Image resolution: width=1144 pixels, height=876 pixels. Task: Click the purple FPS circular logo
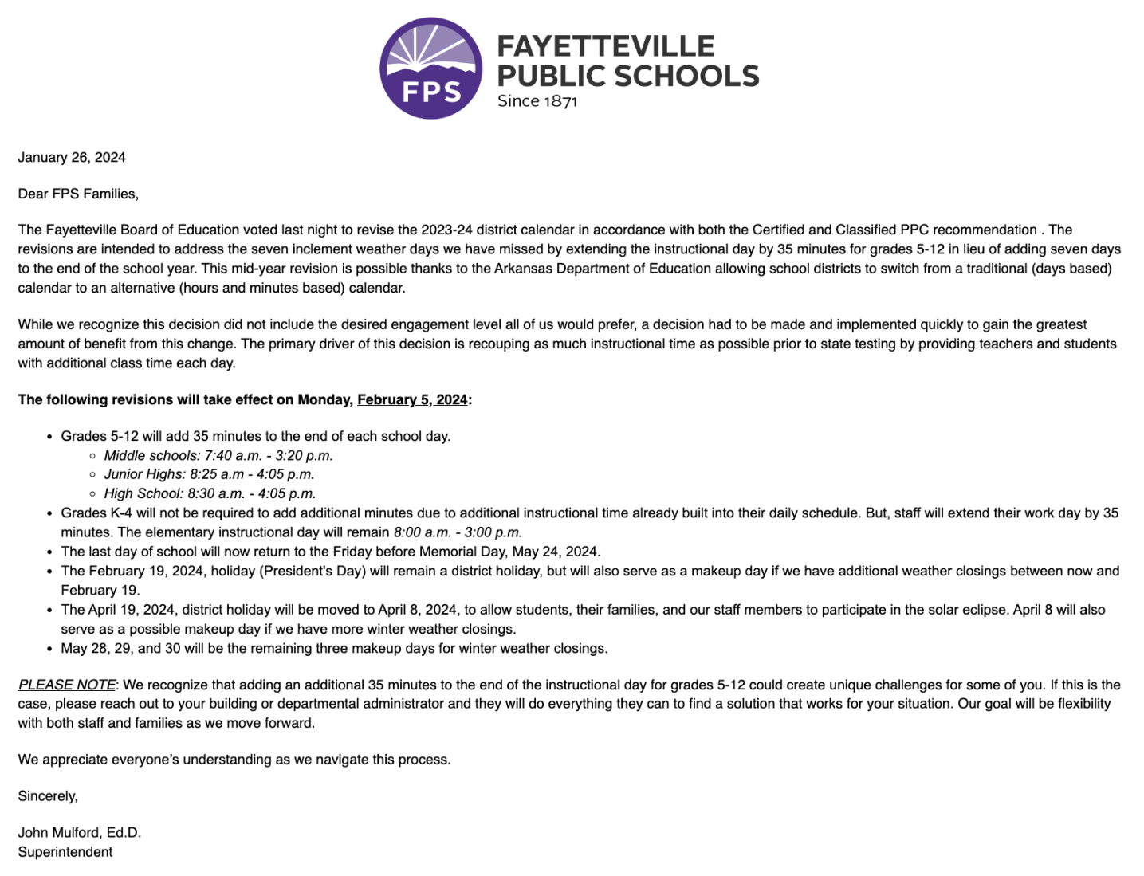(x=430, y=69)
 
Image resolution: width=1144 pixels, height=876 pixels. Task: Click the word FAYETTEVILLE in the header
(x=606, y=46)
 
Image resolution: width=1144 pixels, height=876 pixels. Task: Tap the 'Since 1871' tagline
(x=537, y=101)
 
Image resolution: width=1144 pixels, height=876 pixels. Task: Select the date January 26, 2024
(x=72, y=157)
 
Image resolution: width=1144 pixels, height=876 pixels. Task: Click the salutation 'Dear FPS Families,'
(x=78, y=194)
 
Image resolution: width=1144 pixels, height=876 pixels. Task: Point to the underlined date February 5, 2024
(x=412, y=399)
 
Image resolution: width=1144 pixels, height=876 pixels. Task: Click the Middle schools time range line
(x=218, y=455)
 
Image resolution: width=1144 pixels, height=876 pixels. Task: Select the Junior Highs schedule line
(x=209, y=474)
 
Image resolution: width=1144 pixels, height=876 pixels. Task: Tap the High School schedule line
(x=210, y=493)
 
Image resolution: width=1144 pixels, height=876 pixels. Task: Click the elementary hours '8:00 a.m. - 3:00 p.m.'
(x=458, y=532)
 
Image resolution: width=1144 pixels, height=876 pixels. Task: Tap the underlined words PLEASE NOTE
(x=67, y=685)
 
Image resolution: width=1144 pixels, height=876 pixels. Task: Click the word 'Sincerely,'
(x=48, y=796)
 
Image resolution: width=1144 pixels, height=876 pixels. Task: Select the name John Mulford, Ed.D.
(x=80, y=832)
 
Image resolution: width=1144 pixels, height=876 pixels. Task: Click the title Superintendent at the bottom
(x=65, y=852)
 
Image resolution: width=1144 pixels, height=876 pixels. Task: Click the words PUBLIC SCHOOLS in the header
(x=628, y=77)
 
